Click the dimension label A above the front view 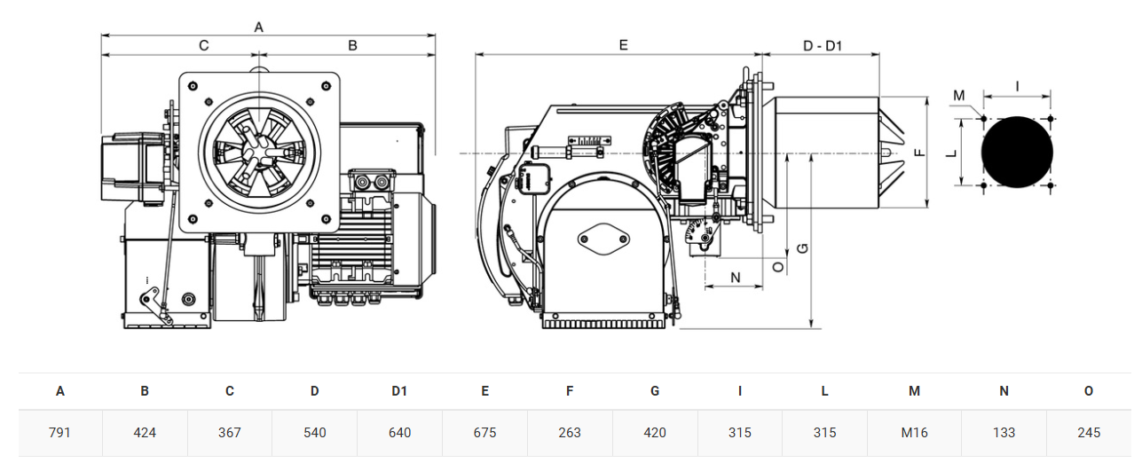coord(258,27)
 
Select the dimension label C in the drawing coord(204,46)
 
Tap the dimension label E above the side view coord(623,45)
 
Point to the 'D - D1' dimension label coord(822,46)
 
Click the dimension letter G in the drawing coord(802,248)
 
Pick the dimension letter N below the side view coord(736,278)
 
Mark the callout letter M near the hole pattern coord(959,96)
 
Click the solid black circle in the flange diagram coord(1017,153)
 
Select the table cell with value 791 coord(59,433)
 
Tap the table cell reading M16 coord(914,433)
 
